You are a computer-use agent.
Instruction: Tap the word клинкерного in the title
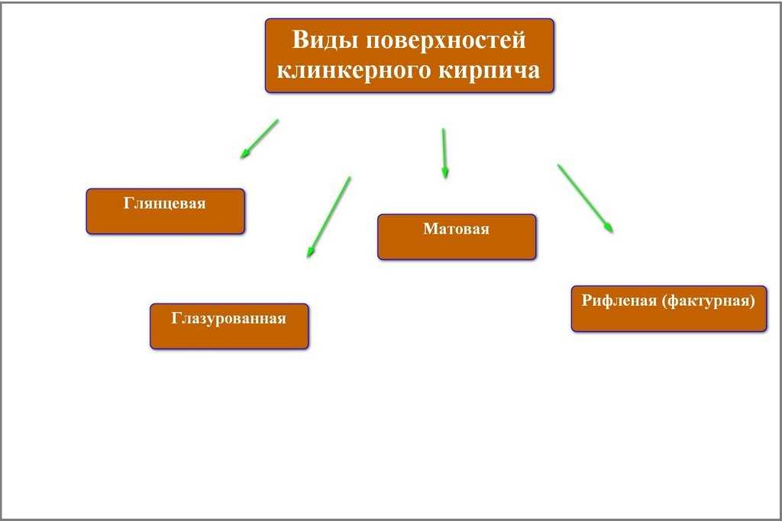355,70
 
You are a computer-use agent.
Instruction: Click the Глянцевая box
165,211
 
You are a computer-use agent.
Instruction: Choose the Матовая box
457,237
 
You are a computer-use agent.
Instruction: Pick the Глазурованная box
229,326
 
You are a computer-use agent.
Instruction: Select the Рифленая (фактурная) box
668,308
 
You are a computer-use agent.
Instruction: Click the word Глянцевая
165,204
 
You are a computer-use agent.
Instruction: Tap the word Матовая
457,229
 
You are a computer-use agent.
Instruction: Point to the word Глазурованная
229,318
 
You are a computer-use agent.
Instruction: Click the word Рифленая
619,300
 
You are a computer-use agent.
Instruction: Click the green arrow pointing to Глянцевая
260,138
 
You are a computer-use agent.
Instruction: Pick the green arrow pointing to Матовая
444,153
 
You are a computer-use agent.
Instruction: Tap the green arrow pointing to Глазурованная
329,217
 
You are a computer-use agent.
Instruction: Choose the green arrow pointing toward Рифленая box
585,198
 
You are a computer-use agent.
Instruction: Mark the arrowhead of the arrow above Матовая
444,174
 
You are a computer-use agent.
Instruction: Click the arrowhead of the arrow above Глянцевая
244,154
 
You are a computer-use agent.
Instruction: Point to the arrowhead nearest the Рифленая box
609,227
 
